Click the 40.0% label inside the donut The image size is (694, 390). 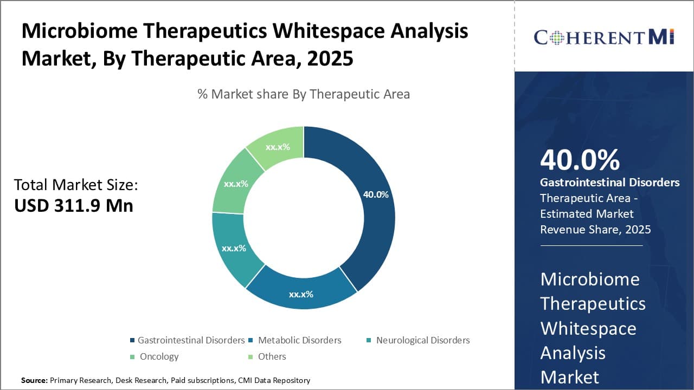point(376,194)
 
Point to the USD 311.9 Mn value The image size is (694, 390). point(73,205)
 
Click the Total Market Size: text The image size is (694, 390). point(76,185)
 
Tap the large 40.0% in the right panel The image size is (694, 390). point(580,160)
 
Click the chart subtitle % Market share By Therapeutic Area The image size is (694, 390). point(304,94)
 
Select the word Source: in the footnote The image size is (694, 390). point(34,380)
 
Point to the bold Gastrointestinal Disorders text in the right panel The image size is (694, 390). point(609,183)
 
